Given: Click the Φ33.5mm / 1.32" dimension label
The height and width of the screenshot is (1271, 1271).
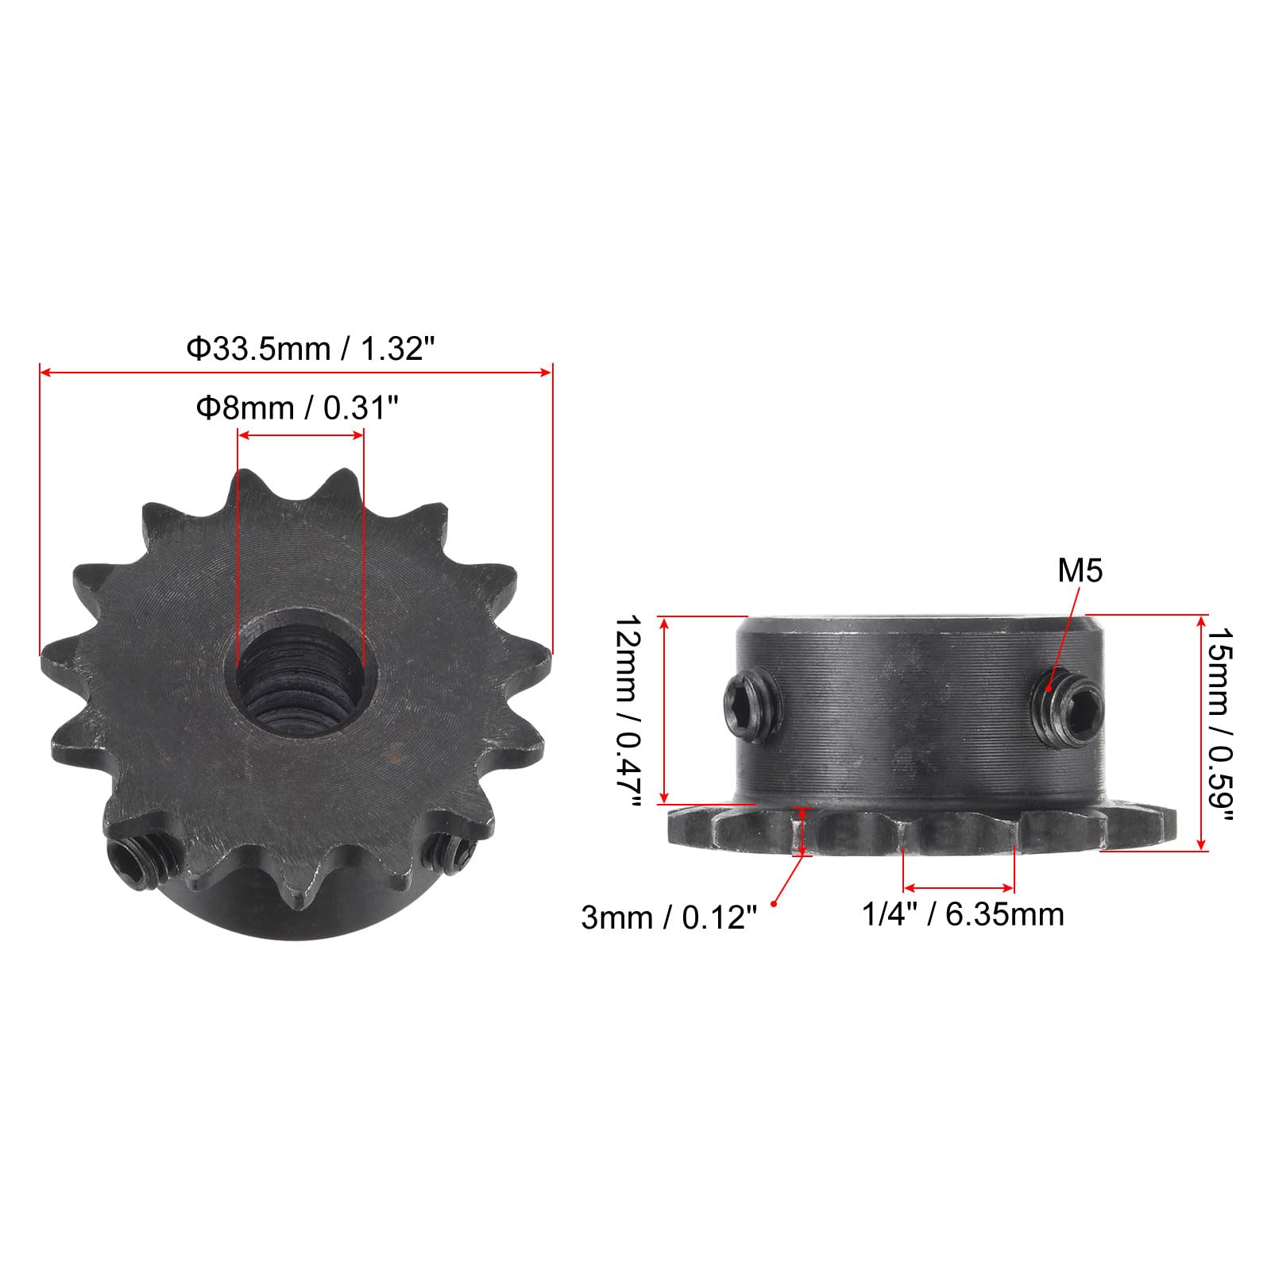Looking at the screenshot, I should [x=311, y=349].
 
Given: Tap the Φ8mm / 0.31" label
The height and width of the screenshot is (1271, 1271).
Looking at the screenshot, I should [x=296, y=408].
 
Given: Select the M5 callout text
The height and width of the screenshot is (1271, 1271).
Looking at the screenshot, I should [x=1080, y=570].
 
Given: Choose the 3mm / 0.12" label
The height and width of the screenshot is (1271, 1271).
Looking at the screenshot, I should [x=667, y=918].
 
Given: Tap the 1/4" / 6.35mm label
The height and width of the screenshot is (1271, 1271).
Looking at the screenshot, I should [x=963, y=914].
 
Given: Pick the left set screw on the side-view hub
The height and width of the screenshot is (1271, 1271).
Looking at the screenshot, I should [x=748, y=699].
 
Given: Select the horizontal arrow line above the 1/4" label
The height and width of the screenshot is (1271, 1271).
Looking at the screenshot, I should [x=959, y=887].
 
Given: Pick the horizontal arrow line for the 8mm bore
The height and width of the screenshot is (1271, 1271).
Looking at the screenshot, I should [x=300, y=435].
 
